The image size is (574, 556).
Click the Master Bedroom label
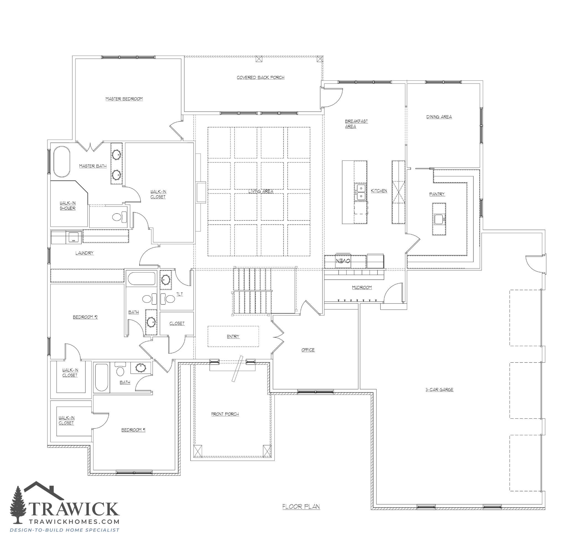click(124, 99)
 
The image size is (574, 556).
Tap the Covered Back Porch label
click(261, 78)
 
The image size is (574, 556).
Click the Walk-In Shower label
click(68, 206)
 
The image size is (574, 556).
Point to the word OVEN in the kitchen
click(343, 261)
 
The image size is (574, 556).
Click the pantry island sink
click(439, 219)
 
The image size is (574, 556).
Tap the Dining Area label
click(439, 117)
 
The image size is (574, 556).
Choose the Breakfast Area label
click(356, 124)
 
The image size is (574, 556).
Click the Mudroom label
click(362, 288)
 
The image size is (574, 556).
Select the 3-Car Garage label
click(440, 390)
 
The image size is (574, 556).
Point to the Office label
click(308, 350)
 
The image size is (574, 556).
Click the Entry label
click(233, 336)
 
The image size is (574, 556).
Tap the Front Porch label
click(225, 414)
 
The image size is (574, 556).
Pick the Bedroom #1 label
click(133, 430)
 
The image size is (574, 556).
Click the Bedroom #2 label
click(85, 317)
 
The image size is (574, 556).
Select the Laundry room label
click(85, 253)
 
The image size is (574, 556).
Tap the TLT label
click(180, 294)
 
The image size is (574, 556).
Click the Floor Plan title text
click(301, 507)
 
